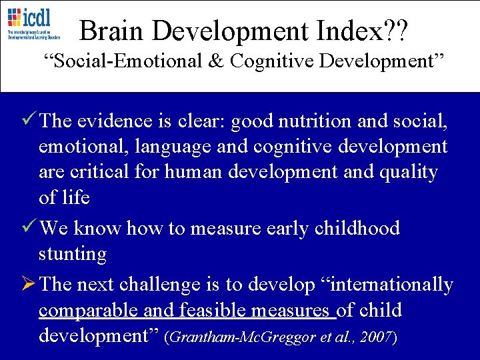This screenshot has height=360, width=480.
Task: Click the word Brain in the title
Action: pos(109,30)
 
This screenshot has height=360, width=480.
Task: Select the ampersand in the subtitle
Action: pos(217,61)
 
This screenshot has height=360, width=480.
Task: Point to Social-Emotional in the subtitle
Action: pos(125,61)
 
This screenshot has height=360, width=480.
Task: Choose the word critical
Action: pos(101,172)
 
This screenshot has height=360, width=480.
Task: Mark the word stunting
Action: pos(72,255)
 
